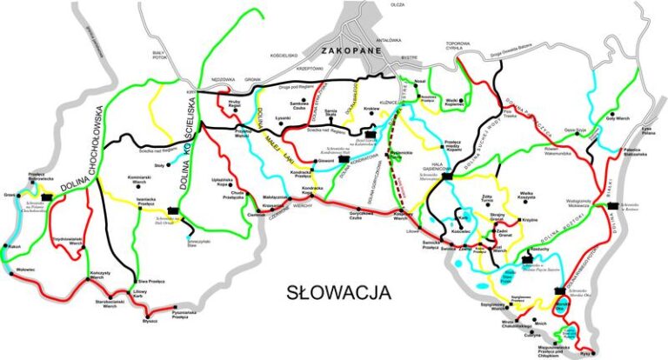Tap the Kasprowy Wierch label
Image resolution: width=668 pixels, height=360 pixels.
coord(401,218)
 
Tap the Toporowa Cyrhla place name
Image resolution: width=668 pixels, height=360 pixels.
coord(458,46)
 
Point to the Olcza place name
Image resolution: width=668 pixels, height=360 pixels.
coord(398,5)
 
